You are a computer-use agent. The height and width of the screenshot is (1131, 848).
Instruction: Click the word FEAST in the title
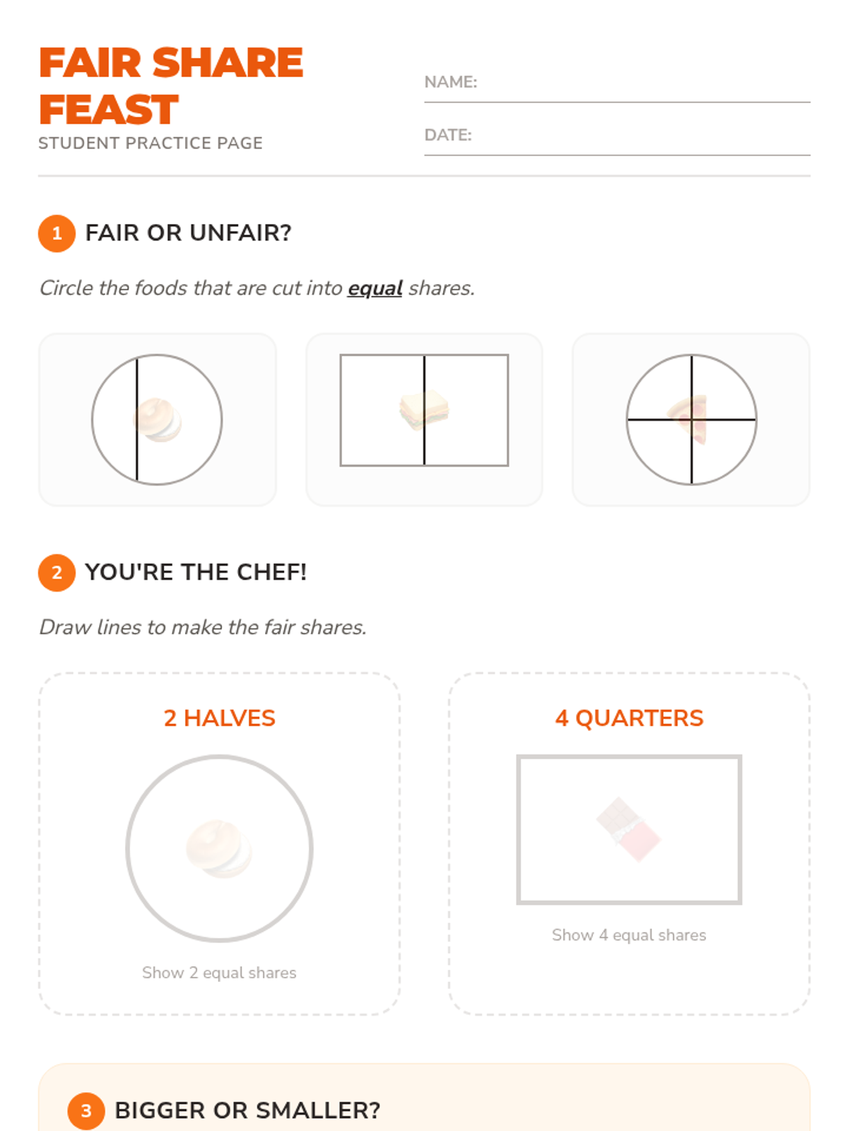click(109, 110)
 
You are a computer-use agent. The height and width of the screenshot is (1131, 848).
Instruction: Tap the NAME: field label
click(451, 82)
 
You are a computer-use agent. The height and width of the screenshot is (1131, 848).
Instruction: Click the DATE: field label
click(448, 135)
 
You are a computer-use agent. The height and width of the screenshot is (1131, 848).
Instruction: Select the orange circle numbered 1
click(57, 233)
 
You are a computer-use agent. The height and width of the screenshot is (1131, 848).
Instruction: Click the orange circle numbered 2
click(57, 573)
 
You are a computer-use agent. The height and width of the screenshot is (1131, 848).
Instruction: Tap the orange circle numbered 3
click(86, 1111)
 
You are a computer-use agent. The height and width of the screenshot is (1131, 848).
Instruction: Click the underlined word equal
click(375, 288)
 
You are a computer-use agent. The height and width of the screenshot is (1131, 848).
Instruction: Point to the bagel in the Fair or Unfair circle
click(158, 420)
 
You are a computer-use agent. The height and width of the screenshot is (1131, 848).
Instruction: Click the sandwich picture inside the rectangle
click(424, 410)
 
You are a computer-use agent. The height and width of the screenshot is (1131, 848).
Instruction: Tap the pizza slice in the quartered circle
click(688, 419)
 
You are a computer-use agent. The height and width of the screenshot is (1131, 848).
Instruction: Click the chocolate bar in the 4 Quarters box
click(629, 830)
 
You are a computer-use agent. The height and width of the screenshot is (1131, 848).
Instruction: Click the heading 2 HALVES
click(220, 718)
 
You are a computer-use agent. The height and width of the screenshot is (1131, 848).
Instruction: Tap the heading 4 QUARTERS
click(629, 718)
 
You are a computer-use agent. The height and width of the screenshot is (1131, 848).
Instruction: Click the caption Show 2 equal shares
click(219, 973)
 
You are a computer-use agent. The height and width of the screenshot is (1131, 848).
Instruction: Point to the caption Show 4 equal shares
click(629, 935)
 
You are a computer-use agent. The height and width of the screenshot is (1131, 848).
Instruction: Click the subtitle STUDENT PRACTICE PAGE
click(151, 143)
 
